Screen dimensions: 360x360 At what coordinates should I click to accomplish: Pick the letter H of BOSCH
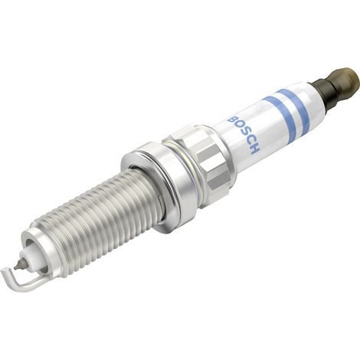(254, 151)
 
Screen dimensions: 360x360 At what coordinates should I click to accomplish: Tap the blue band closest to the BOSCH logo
(280, 116)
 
